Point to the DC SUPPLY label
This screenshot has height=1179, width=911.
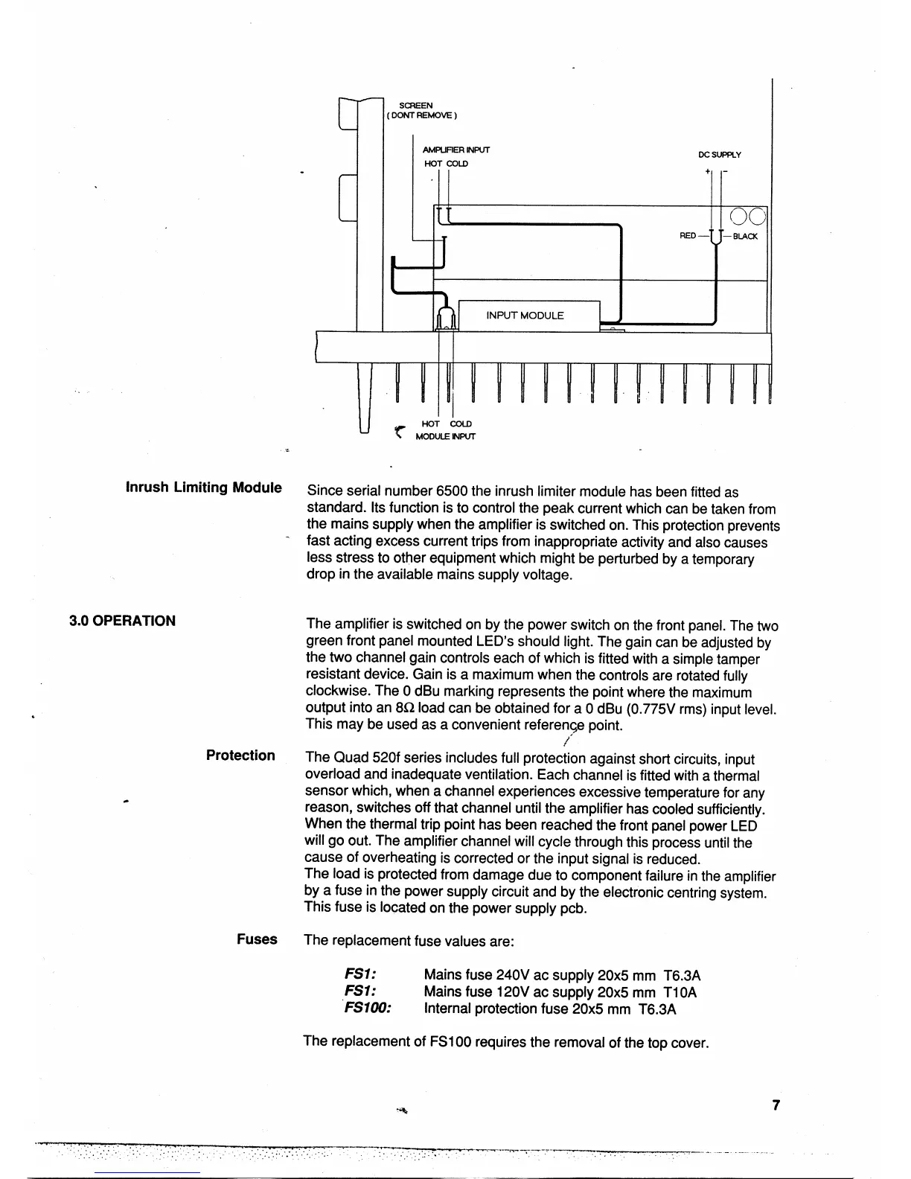pyautogui.click(x=719, y=155)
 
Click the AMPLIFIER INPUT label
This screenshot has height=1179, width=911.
pyautogui.click(x=456, y=150)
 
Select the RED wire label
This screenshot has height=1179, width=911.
pyautogui.click(x=688, y=236)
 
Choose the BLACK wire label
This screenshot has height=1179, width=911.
pyautogui.click(x=745, y=237)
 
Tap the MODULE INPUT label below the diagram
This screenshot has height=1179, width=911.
pyautogui.click(x=444, y=436)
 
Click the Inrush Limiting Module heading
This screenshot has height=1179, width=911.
pyautogui.click(x=204, y=488)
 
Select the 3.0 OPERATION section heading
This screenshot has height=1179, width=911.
pyautogui.click(x=123, y=621)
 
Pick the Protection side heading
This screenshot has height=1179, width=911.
pyautogui.click(x=240, y=755)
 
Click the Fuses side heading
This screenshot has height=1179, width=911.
pyautogui.click(x=257, y=939)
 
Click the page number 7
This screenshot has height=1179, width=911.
pyautogui.click(x=776, y=1105)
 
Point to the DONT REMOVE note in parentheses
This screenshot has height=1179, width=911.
pyautogui.click(x=421, y=115)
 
